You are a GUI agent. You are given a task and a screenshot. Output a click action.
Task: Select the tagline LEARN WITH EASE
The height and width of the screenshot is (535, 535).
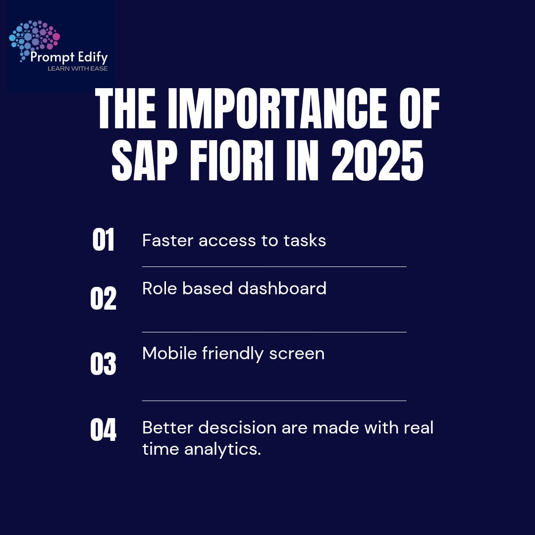(x=77, y=68)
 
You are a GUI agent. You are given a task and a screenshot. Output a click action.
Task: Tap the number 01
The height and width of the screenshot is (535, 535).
(x=103, y=240)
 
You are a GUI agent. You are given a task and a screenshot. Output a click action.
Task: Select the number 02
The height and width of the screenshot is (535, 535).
(x=103, y=299)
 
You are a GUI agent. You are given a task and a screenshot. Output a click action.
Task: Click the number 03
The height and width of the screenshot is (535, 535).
(x=103, y=364)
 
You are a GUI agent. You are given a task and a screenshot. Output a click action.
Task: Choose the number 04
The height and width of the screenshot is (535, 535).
(x=103, y=429)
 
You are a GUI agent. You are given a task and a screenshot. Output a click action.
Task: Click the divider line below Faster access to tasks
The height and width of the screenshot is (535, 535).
(x=274, y=267)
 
